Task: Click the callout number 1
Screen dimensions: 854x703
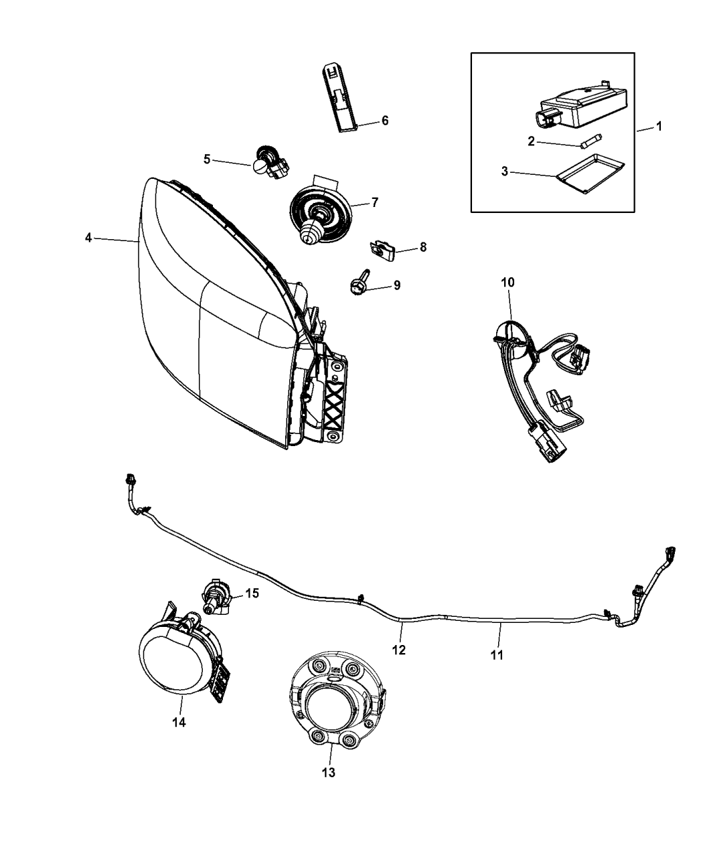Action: click(x=659, y=126)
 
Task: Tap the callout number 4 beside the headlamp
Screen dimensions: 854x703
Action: click(x=88, y=238)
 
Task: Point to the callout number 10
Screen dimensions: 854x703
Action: click(x=507, y=282)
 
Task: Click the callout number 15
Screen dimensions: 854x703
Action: click(x=252, y=593)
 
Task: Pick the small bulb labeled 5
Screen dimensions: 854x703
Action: click(x=263, y=161)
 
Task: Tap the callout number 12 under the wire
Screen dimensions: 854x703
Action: click(x=399, y=649)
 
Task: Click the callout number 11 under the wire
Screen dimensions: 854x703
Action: click(x=496, y=654)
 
